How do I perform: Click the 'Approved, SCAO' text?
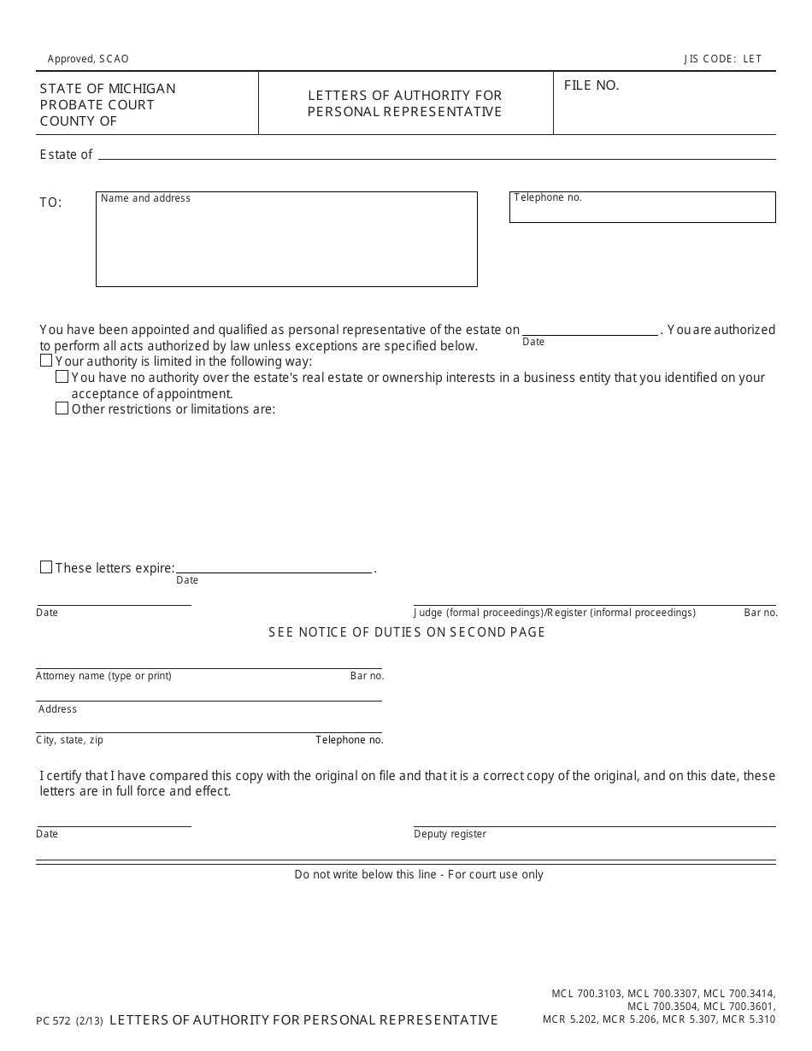(x=88, y=59)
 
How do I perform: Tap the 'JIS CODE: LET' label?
(x=722, y=59)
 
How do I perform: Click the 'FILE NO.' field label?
(x=591, y=85)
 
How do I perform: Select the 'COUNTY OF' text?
(x=79, y=121)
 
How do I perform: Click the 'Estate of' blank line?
(x=436, y=155)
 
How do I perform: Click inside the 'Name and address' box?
(x=286, y=244)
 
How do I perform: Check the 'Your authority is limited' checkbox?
(x=46, y=361)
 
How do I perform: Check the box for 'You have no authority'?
(x=62, y=377)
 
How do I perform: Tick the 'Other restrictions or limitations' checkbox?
(x=62, y=408)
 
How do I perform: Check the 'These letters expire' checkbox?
(x=46, y=567)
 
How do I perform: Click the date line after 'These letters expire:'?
(x=274, y=568)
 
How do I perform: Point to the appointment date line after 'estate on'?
(x=591, y=331)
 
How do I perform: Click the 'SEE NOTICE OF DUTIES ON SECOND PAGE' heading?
(x=407, y=632)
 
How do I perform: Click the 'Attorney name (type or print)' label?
(x=103, y=676)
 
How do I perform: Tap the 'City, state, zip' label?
(x=69, y=740)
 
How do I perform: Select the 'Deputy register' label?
(x=450, y=834)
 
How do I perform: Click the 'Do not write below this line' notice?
(x=419, y=874)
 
